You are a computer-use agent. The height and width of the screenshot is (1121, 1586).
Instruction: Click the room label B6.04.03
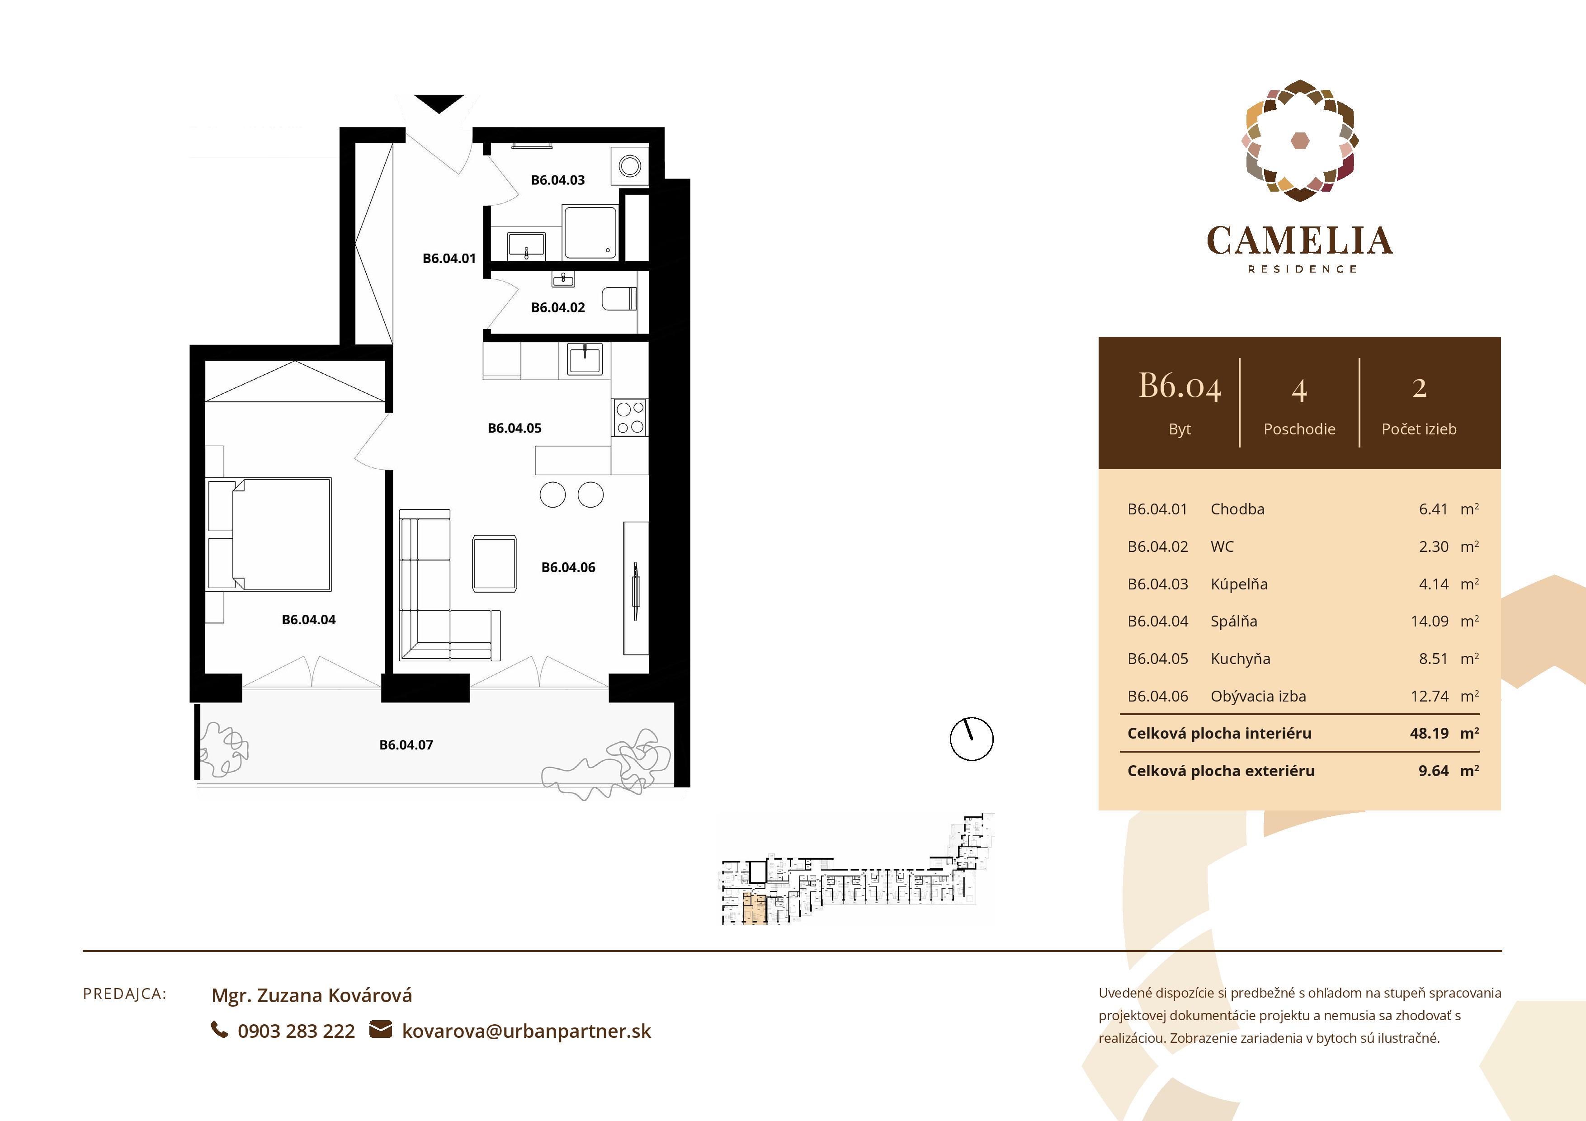tap(557, 180)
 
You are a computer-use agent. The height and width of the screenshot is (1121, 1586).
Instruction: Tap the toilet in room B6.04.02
tap(620, 300)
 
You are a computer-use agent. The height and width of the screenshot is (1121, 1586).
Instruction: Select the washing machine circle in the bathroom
tap(629, 166)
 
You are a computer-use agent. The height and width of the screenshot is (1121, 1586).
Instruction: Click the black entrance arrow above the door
tap(439, 104)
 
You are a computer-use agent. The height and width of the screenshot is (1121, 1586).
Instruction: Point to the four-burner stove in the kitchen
tap(630, 417)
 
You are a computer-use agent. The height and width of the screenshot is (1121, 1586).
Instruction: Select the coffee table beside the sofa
tap(494, 563)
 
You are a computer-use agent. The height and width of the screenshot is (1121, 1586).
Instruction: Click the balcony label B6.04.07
tap(406, 744)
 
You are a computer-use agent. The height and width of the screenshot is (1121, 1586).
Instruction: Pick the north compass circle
tap(971, 739)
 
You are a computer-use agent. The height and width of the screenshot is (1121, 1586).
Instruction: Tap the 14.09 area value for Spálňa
tap(1429, 621)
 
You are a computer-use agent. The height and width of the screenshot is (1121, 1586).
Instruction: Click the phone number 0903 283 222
tap(296, 1031)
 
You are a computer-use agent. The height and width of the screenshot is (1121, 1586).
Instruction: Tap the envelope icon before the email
tap(381, 1029)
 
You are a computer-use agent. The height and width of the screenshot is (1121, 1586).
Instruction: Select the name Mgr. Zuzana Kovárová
tap(312, 995)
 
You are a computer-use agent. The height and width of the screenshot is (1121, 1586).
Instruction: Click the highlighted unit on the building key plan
tap(754, 908)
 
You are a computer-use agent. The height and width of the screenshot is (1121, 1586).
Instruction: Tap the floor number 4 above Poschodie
tap(1298, 391)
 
